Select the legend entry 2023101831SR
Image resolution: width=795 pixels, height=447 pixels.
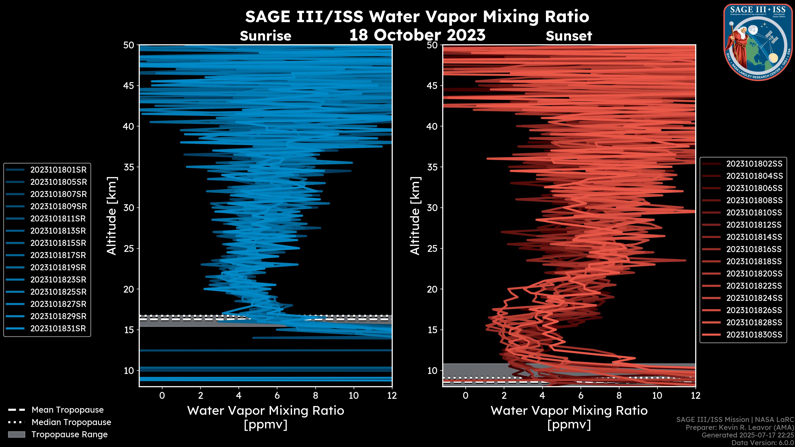[58, 329]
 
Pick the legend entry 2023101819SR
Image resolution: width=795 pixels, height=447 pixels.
[58, 267]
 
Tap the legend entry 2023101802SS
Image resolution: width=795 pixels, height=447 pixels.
[754, 164]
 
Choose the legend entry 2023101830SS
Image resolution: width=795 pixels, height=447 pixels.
[754, 335]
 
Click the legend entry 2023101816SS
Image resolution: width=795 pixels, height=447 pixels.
[754, 249]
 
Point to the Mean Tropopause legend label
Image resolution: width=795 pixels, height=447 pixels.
[67, 410]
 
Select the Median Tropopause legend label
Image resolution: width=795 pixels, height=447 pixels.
[71, 422]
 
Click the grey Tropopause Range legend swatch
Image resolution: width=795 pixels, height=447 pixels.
[16, 435]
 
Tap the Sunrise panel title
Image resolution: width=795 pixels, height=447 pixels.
[265, 36]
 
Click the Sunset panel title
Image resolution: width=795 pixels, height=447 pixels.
[569, 36]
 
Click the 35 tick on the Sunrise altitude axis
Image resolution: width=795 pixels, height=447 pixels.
[129, 167]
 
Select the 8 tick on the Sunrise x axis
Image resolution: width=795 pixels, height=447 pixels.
[315, 396]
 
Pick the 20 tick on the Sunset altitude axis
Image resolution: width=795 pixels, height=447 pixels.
[432, 289]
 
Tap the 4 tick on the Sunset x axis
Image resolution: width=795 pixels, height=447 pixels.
[542, 396]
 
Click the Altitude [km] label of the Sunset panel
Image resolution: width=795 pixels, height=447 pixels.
[415, 216]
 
